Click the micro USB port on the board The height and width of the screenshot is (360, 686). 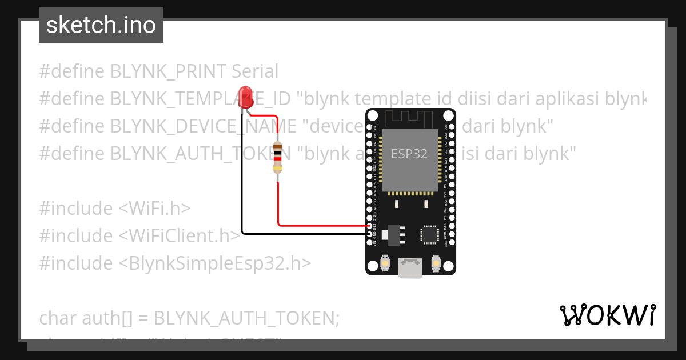coord(410,268)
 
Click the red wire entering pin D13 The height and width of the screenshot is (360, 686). coord(320,225)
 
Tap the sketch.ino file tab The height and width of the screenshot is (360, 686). coord(101,25)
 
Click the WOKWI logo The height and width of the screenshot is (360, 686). coord(607,315)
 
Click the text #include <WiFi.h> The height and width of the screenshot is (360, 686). coord(115,208)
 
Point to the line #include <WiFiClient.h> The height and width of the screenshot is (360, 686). coord(139,235)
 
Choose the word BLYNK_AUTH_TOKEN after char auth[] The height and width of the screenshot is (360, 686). coord(247,318)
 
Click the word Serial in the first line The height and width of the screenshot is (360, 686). coord(255,71)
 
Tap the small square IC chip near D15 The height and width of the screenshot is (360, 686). coord(429,234)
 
